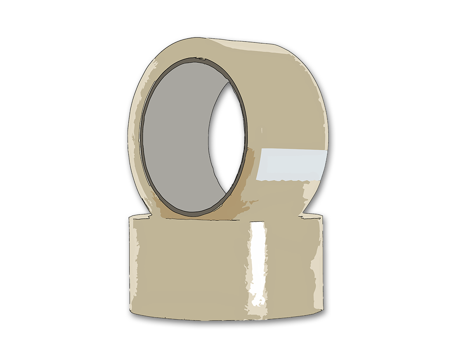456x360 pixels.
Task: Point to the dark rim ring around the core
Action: (142, 136)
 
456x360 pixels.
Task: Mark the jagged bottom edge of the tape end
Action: (289, 180)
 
